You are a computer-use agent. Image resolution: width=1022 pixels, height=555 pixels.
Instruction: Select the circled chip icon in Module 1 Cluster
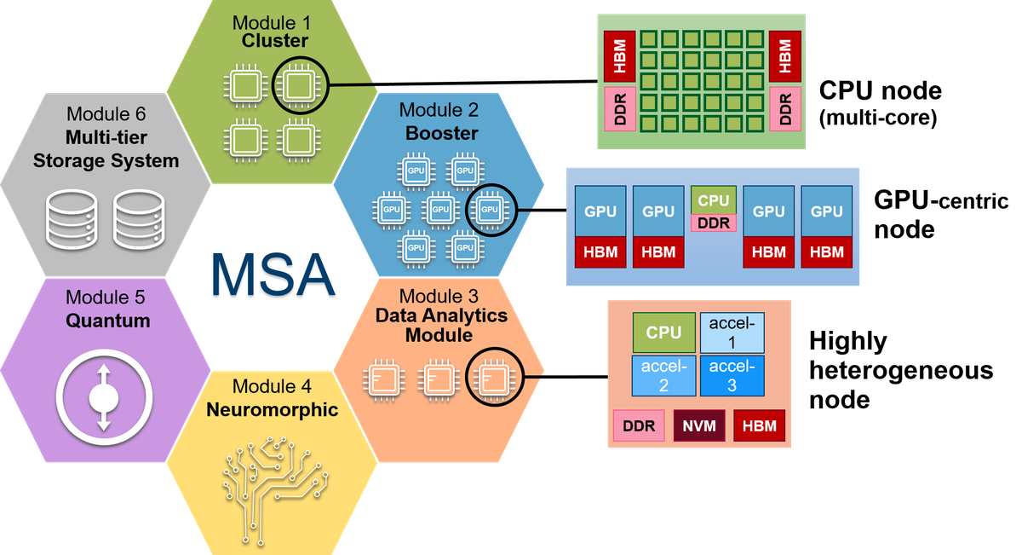(x=298, y=86)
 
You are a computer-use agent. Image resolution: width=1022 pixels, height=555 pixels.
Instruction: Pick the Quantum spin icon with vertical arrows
(x=104, y=397)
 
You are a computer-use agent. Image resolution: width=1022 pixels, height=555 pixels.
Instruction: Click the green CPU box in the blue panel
(x=713, y=200)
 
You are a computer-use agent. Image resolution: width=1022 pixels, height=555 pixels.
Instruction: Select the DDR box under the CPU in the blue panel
(x=713, y=223)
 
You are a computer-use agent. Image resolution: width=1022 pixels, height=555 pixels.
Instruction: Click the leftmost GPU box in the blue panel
(x=600, y=211)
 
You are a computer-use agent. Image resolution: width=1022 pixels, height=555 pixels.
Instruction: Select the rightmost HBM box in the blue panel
(x=826, y=252)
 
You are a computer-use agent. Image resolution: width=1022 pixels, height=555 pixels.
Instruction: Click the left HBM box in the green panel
(x=618, y=56)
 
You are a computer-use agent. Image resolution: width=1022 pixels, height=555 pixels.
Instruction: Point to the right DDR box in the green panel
(x=784, y=109)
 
